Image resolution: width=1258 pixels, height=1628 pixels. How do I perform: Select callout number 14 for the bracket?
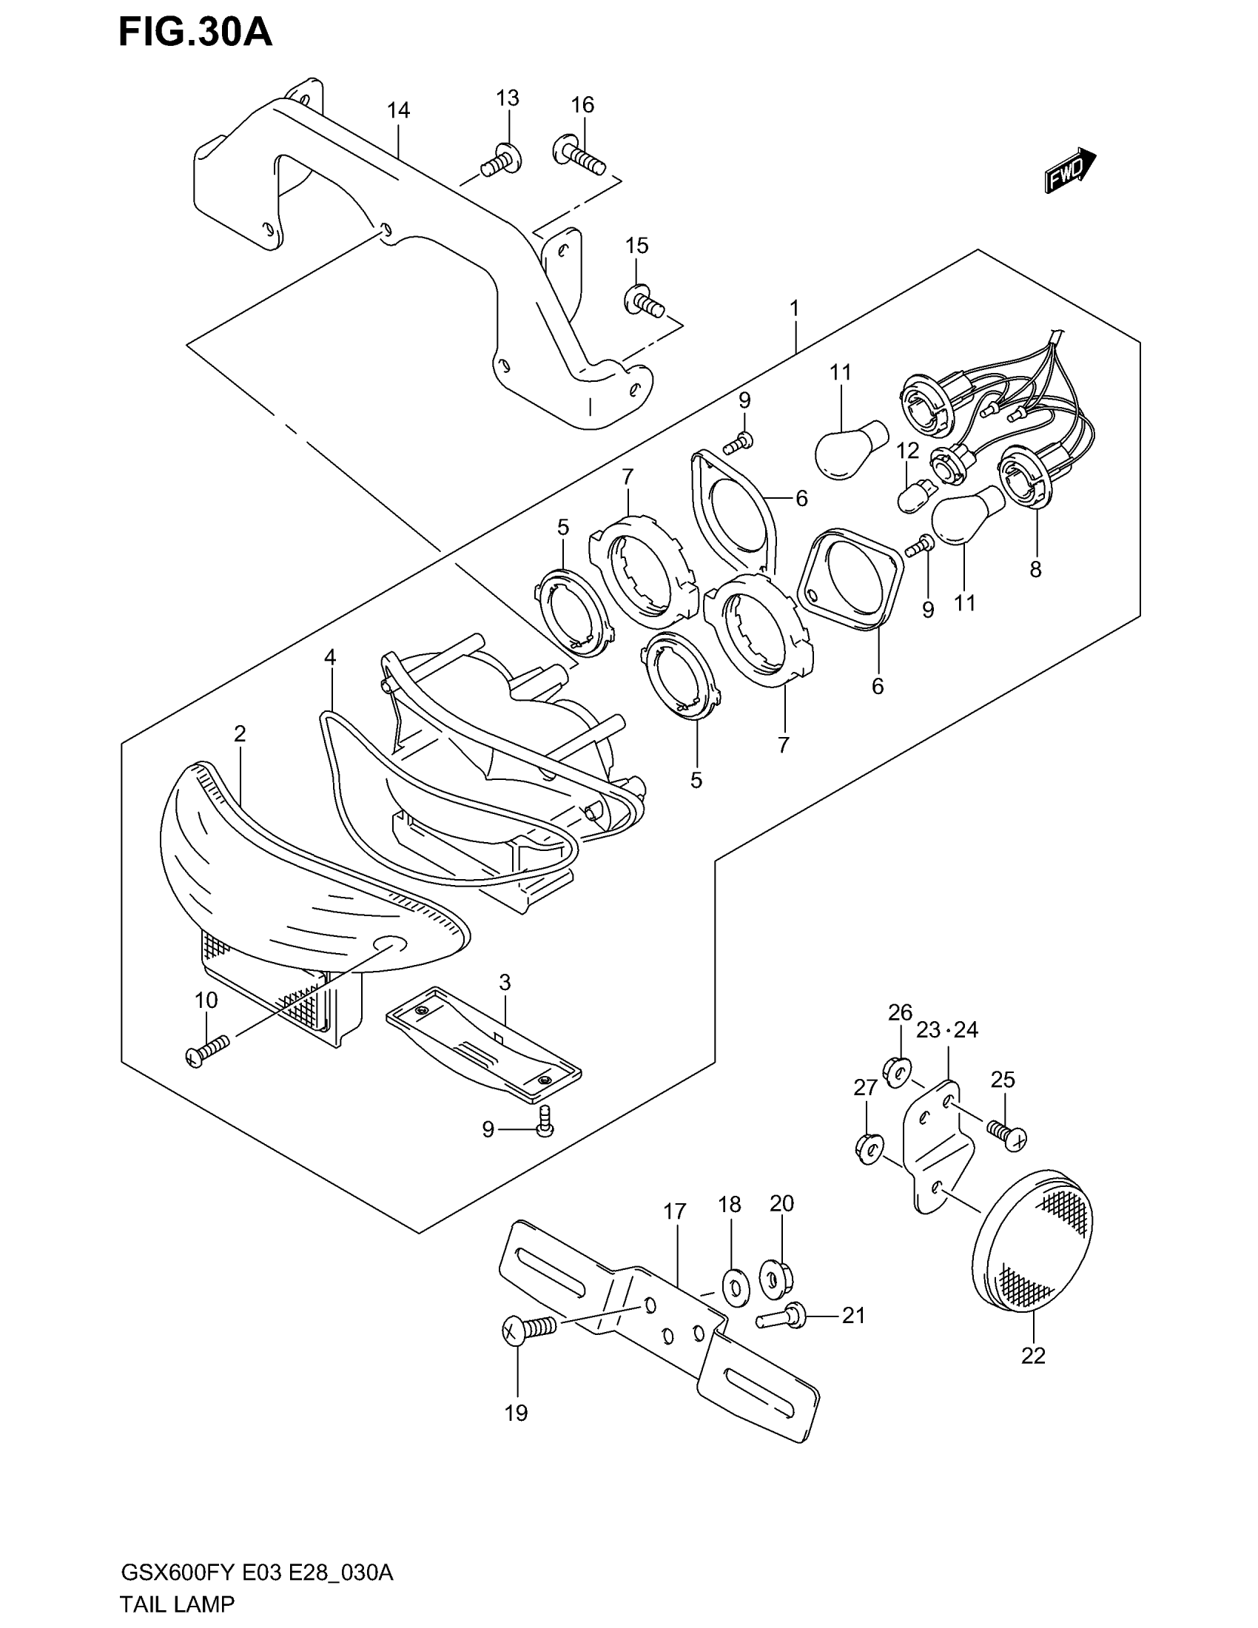pyautogui.click(x=398, y=110)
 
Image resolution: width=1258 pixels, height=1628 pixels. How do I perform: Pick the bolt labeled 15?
pyautogui.click(x=642, y=301)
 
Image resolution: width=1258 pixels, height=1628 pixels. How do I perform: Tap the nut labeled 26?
pyautogui.click(x=899, y=1072)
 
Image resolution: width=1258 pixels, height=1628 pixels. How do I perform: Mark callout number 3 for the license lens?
pyautogui.click(x=505, y=983)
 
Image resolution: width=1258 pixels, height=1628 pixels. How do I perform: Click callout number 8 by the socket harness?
pyautogui.click(x=1035, y=570)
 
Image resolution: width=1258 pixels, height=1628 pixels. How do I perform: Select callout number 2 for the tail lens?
pyautogui.click(x=239, y=734)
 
